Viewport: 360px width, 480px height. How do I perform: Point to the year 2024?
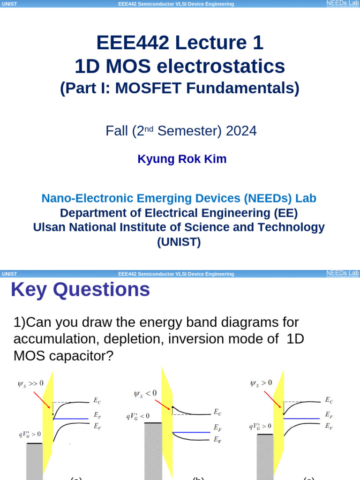(x=241, y=131)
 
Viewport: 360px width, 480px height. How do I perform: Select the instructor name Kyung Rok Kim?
(x=182, y=159)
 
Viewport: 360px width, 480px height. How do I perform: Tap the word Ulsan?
(x=49, y=227)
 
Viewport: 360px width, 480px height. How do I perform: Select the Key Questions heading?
(x=80, y=290)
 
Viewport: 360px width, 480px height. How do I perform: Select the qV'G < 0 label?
(x=137, y=415)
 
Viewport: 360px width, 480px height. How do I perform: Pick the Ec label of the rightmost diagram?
(x=329, y=400)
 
